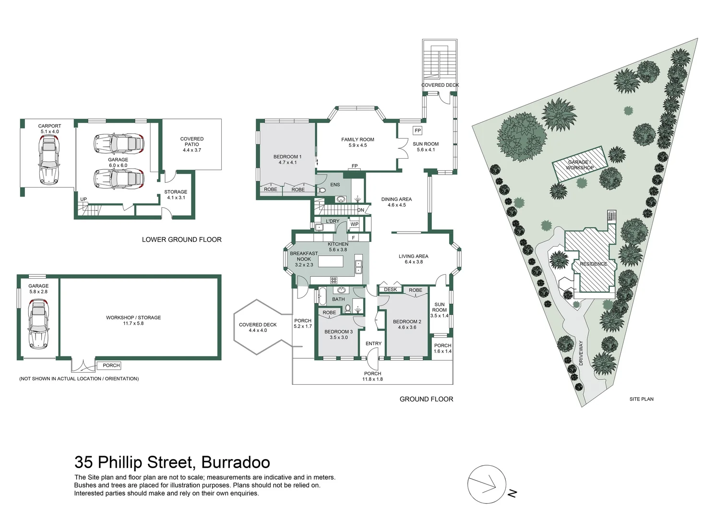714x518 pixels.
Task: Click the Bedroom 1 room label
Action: coord(287,160)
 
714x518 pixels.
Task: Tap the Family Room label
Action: coord(357,142)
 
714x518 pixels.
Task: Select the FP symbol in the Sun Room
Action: coord(417,130)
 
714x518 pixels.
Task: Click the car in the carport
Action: coord(49,159)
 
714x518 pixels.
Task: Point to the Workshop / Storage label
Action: coord(133,320)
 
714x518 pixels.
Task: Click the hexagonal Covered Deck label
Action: coord(258,328)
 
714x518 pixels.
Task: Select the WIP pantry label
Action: coord(354,224)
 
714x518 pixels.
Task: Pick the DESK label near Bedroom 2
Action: coord(390,290)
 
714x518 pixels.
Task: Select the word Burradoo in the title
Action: coord(235,462)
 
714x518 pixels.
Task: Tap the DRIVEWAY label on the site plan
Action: coord(581,353)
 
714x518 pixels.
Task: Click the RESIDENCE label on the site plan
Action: coord(593,264)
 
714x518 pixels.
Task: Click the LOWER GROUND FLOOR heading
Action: coord(181,239)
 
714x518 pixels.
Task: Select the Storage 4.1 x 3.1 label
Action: coord(176,195)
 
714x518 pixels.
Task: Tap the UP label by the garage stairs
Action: coord(83,200)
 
